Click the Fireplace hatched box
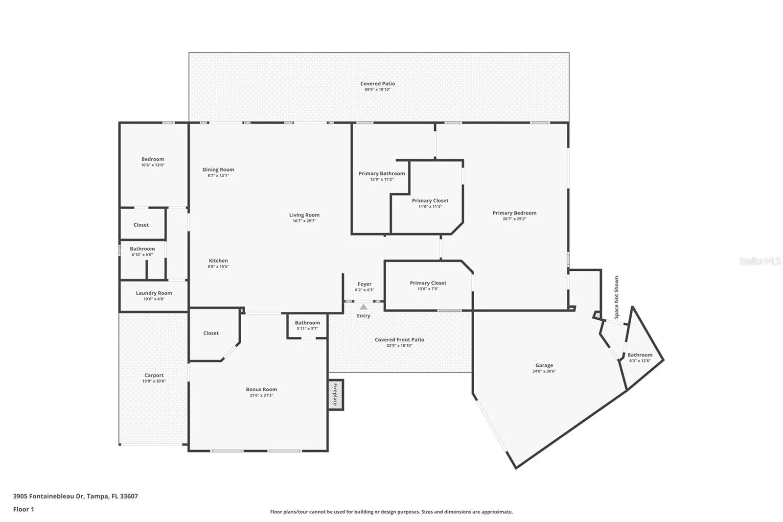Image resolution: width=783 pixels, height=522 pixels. tap(336, 395)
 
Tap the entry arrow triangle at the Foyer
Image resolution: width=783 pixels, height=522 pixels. tap(364, 307)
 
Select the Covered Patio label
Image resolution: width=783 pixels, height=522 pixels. tap(377, 84)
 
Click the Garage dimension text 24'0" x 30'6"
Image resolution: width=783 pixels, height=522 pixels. tap(544, 371)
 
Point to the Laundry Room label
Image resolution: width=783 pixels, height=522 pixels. tap(154, 293)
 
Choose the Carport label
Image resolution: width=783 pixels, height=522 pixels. tap(154, 376)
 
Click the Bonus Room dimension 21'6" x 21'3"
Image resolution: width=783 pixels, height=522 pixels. tap(261, 395)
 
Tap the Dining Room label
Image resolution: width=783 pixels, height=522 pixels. tap(218, 170)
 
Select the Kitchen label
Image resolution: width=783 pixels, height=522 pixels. tap(218, 261)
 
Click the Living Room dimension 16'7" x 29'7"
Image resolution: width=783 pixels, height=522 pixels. tap(304, 221)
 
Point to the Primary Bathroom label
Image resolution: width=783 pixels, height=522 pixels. tap(382, 173)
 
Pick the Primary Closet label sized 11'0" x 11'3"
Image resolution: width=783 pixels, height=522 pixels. tap(430, 201)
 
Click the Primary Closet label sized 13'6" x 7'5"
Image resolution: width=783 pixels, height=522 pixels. tap(428, 283)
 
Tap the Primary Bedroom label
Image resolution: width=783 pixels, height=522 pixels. tap(514, 213)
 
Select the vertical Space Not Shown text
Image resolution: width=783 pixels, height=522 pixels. tap(616, 297)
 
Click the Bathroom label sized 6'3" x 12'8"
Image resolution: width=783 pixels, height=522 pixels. tap(640, 355)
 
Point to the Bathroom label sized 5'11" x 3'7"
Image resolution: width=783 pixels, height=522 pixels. tap(307, 323)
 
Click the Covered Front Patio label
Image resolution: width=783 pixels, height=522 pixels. tap(399, 340)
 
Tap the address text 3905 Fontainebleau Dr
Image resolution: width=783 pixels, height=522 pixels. tap(48, 496)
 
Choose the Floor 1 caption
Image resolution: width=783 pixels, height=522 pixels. tap(23, 509)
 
